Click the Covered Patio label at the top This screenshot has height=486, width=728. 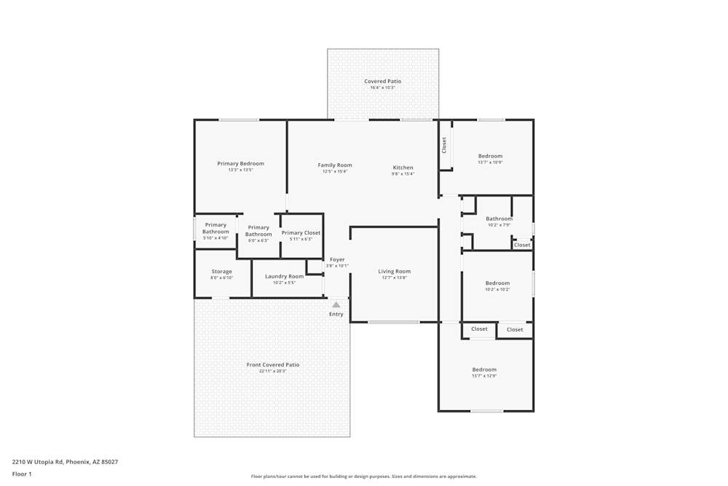[x=382, y=82]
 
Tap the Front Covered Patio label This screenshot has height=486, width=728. [x=273, y=365]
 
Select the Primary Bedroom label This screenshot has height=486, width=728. [x=240, y=164]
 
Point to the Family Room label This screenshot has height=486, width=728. [x=335, y=165]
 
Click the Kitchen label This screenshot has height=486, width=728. [x=403, y=168]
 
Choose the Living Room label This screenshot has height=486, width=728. [x=394, y=272]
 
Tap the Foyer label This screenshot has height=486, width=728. [x=337, y=259]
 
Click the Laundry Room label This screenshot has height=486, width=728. [x=284, y=277]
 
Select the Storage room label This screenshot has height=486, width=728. [x=221, y=272]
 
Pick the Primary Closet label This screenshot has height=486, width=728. [x=301, y=233]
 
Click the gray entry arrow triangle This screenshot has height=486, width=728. [x=336, y=305]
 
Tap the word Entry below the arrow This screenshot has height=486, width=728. [x=336, y=314]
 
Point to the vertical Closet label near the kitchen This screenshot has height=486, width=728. [x=444, y=145]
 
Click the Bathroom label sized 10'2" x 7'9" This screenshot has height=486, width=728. [x=499, y=219]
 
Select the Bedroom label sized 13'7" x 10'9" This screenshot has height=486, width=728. [x=490, y=156]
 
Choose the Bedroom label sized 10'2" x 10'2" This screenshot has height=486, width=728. [x=497, y=283]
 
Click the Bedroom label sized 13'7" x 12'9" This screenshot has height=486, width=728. [x=484, y=369]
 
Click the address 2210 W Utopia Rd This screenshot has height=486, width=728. [x=65, y=462]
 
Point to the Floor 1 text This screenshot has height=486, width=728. [x=22, y=474]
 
